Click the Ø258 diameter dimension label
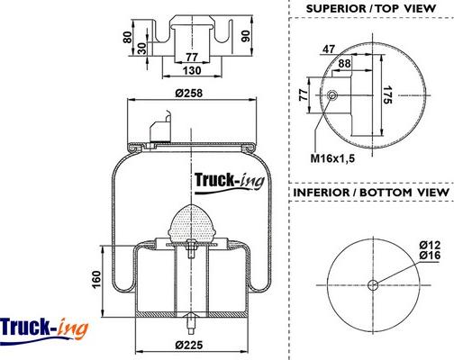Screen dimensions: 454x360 [x=189, y=93]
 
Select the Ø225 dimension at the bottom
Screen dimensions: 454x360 [x=189, y=345]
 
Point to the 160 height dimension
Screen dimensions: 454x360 [x=96, y=279]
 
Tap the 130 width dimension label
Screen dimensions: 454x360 [x=192, y=70]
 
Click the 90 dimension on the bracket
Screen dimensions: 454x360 [x=246, y=36]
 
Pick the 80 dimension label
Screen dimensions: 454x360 [x=128, y=37]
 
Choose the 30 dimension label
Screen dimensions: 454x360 [x=141, y=49]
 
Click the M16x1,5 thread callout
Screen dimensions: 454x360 [x=332, y=158]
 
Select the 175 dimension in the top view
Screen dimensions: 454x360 [x=387, y=94]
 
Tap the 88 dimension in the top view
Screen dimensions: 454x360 [x=344, y=63]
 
